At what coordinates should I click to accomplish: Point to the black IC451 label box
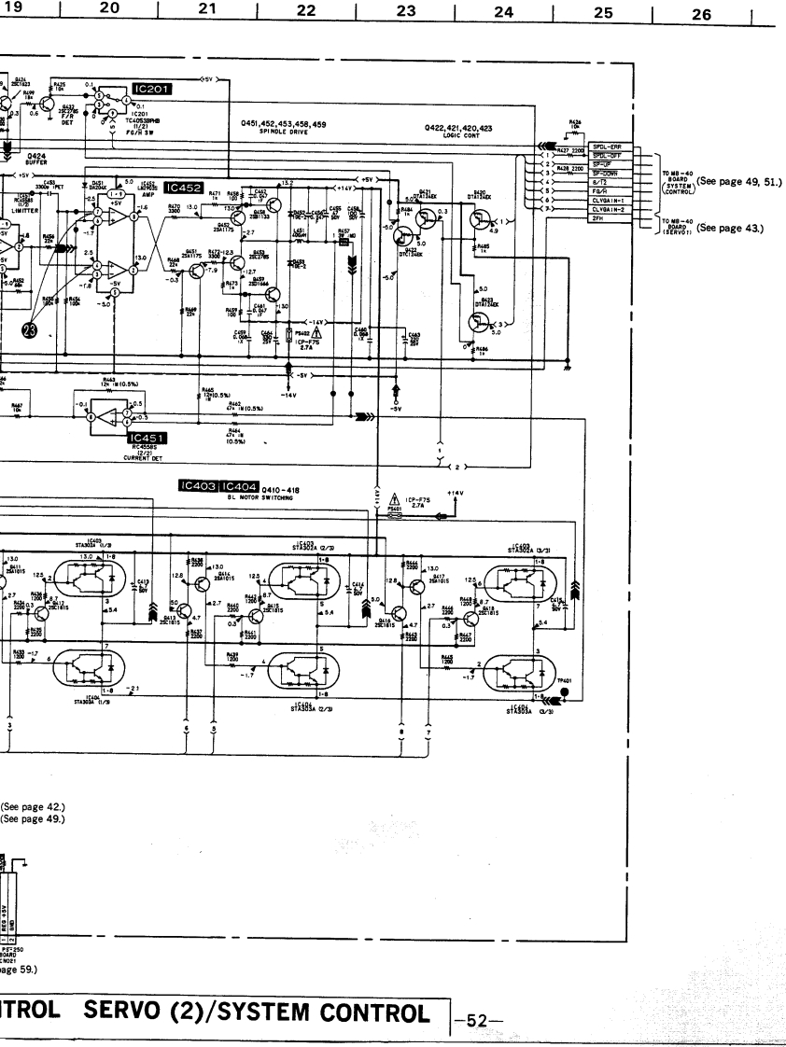[x=147, y=437]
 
